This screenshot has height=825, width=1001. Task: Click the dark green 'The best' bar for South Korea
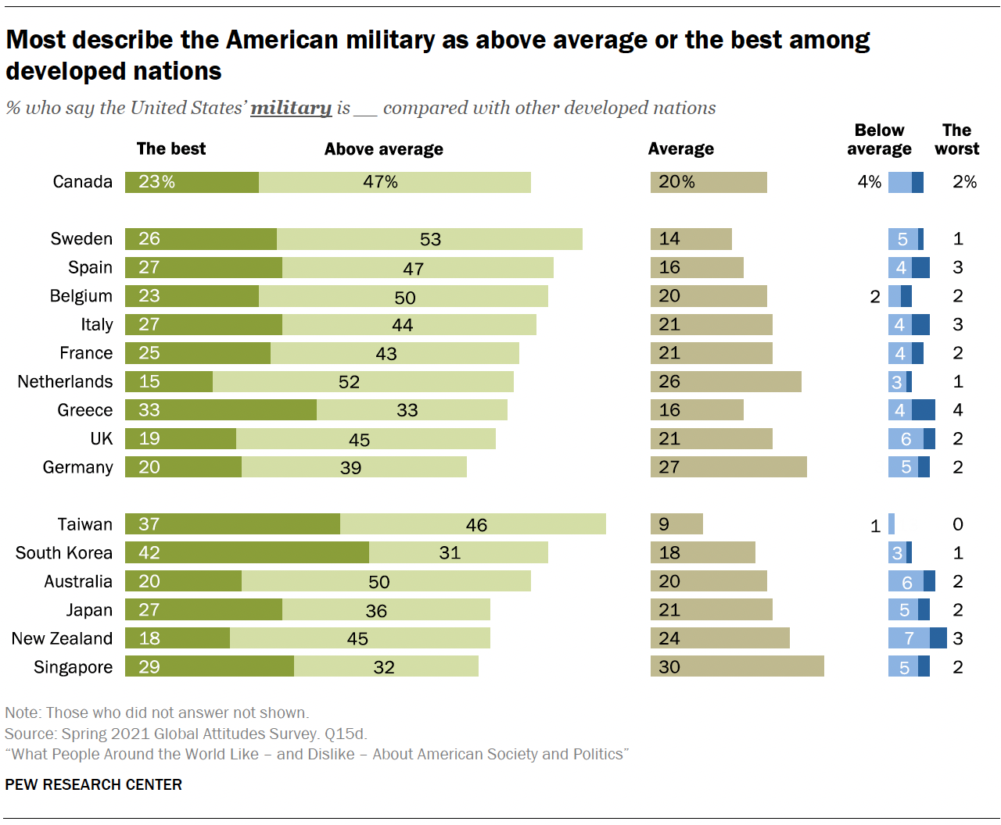247,553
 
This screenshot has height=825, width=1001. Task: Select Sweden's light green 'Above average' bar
429,239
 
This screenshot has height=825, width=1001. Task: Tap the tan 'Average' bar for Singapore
737,667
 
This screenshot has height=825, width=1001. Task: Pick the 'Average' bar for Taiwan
677,524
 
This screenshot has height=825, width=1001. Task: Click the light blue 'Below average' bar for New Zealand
909,638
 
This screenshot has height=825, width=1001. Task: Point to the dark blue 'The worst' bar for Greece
924,410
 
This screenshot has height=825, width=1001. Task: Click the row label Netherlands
65,382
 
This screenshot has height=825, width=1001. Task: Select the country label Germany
77,467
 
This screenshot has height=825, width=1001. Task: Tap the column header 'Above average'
383,149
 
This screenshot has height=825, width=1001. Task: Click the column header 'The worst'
956,140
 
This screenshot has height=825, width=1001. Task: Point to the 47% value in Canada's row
380,182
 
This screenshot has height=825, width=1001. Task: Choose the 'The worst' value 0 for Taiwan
958,524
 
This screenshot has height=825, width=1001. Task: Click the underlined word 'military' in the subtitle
291,108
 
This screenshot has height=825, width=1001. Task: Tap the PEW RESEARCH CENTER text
93,784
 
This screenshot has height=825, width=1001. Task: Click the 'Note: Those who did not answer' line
156,712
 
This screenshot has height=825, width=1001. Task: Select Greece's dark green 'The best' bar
221,410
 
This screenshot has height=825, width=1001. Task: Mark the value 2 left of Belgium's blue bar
875,297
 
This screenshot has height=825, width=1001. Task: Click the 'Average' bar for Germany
728,467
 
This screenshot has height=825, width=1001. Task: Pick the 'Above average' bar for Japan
386,610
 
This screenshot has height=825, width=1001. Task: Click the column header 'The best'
170,149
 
